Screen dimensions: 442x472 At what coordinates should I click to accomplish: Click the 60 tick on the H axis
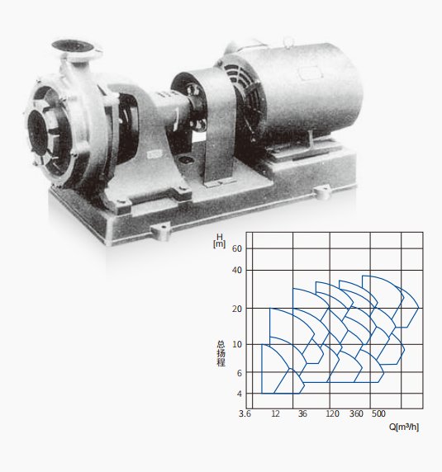tap(237, 248)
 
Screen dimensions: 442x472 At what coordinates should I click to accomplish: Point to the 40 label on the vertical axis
tap(237, 271)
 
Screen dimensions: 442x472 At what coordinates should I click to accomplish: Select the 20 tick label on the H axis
tap(237, 309)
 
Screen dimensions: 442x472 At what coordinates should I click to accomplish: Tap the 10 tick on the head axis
tap(237, 344)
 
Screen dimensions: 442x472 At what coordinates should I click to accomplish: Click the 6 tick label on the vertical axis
tap(240, 373)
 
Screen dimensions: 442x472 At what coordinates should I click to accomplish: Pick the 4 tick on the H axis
tap(240, 394)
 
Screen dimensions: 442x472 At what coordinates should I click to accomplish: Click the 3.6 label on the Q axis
tap(245, 414)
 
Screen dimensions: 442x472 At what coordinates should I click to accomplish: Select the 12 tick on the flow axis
tap(275, 414)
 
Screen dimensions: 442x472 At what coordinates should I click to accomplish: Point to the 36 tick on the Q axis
tap(302, 414)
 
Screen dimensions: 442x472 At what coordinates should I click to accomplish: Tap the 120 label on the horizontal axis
tap(332, 414)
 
